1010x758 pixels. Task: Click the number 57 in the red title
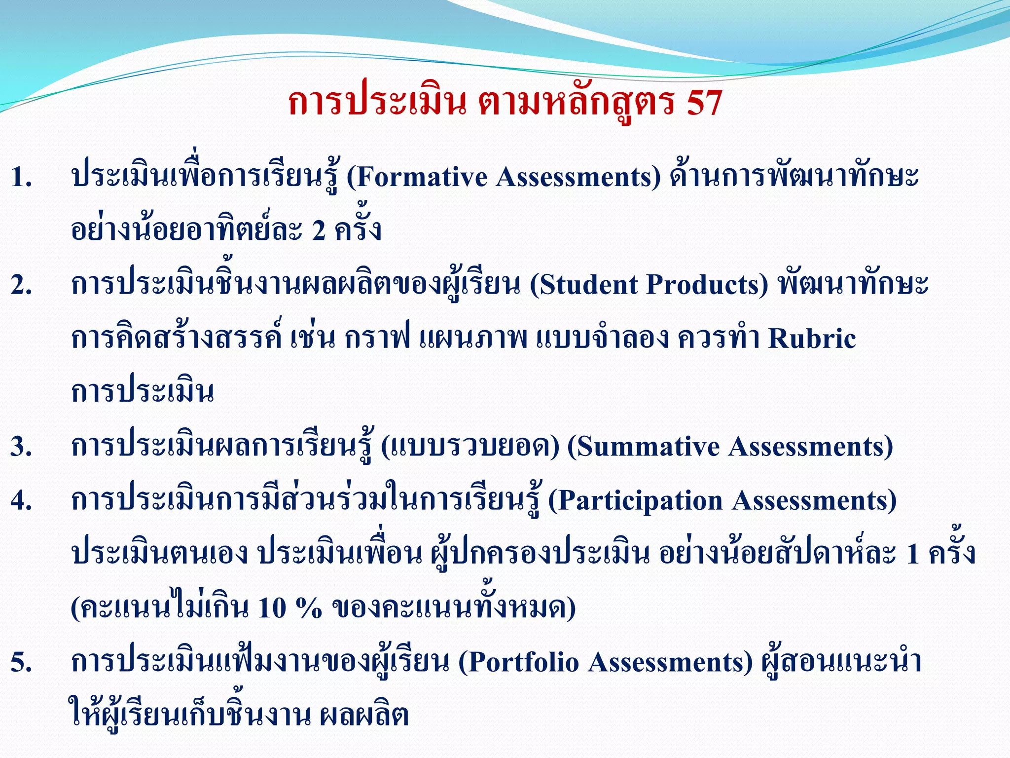[703, 103]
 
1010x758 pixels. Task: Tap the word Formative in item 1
[422, 177]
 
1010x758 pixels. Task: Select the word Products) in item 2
[707, 285]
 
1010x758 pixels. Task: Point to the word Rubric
[812, 339]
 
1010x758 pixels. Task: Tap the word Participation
[636, 501]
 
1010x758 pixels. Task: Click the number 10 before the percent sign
[272, 608]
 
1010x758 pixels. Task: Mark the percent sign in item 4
[309, 608]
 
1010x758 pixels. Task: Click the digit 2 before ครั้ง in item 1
[319, 230]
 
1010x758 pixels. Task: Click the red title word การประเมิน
[377, 103]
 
